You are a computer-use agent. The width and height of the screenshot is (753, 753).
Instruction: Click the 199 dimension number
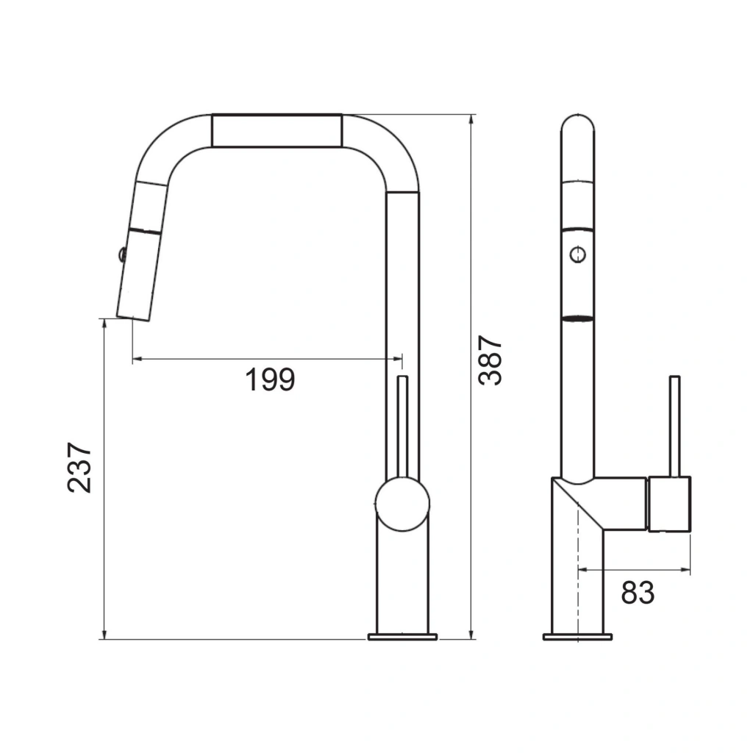(x=271, y=380)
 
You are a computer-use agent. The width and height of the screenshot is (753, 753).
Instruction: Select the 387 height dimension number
(x=490, y=360)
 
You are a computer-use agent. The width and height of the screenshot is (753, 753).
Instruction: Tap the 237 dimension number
(x=79, y=467)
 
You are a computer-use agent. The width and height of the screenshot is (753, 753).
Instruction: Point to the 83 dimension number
(x=638, y=593)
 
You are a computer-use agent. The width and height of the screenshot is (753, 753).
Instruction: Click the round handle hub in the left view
(x=402, y=504)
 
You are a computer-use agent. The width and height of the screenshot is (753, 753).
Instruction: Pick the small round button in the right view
(x=578, y=254)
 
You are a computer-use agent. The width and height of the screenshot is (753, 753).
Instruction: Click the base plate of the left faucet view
(x=402, y=637)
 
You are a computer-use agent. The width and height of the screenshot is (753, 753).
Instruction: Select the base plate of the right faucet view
(x=577, y=637)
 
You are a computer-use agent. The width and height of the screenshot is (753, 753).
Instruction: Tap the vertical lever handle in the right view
(x=675, y=426)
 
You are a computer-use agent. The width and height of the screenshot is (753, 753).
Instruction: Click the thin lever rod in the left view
(x=403, y=427)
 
